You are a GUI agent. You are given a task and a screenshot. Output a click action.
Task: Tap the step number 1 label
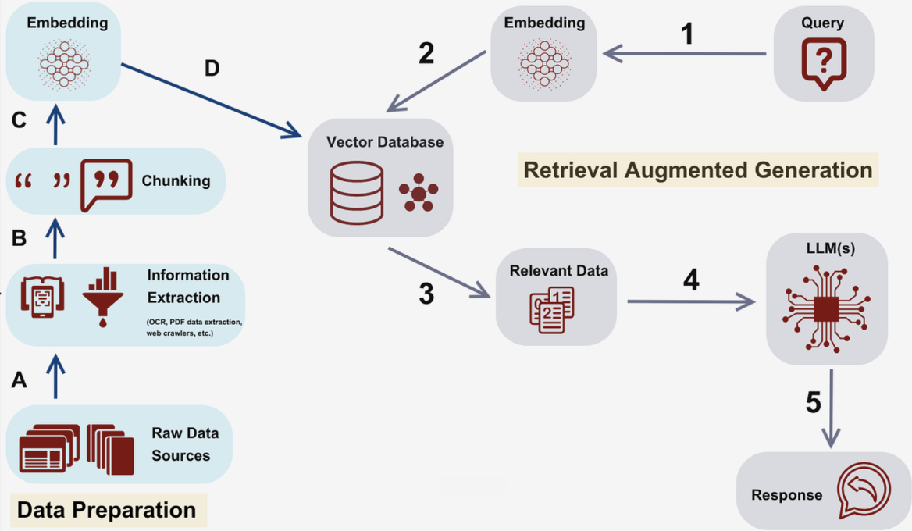(x=686, y=34)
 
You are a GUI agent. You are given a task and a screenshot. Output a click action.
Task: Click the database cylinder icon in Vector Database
(x=357, y=191)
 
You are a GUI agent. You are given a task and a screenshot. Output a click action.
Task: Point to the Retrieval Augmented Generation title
(x=697, y=170)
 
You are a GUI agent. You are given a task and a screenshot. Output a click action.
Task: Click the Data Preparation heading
(x=107, y=510)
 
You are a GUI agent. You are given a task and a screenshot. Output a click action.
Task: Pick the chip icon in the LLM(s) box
(x=826, y=308)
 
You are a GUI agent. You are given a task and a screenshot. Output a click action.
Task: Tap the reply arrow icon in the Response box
(x=863, y=490)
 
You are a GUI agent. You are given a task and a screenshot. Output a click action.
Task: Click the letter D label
(x=212, y=69)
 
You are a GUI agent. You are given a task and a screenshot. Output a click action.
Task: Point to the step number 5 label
(x=813, y=403)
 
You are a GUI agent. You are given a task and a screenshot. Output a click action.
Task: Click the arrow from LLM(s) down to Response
(x=832, y=408)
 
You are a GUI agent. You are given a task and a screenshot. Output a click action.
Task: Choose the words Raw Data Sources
(x=184, y=444)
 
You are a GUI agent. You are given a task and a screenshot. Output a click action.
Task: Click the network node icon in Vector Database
(x=418, y=193)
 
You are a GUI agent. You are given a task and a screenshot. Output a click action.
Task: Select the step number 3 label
(x=426, y=294)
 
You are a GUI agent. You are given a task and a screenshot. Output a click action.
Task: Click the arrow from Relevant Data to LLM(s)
(x=691, y=301)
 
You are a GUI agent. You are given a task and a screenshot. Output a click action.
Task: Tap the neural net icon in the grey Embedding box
(x=544, y=62)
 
